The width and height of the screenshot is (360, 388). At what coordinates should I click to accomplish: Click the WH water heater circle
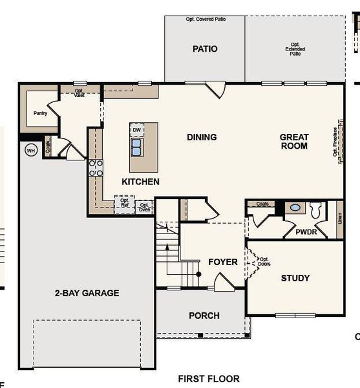pos(30,150)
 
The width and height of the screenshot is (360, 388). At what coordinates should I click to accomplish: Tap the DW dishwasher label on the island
pos(136,130)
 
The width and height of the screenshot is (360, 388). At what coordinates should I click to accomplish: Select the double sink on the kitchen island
pos(136,148)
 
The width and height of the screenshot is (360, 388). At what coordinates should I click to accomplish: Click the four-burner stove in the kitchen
pos(96,168)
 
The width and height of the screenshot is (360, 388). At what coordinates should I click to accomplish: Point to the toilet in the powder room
pos(316,210)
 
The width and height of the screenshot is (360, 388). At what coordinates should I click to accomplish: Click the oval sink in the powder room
pos(295,208)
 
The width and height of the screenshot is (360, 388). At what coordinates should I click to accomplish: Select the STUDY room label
pos(295,278)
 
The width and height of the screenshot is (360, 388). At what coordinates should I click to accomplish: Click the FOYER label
pos(222,262)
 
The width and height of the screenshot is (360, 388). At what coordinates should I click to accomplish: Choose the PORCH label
pos(204,316)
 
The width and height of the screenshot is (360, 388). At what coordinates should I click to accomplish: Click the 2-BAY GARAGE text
pos(87,293)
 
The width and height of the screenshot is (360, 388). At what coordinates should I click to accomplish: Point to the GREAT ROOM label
pos(293,142)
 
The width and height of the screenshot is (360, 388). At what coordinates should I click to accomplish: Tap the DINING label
pos(202,137)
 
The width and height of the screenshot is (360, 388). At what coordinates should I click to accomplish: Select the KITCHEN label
pos(140,182)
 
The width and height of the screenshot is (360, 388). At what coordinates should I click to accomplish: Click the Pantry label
pos(40,113)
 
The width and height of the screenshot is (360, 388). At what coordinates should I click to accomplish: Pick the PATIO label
pos(204,48)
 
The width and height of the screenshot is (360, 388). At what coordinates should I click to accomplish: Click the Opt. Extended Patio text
pos(295,49)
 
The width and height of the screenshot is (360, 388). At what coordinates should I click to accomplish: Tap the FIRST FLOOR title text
pos(209,379)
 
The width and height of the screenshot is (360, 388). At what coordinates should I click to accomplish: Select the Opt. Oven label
pos(145,207)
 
